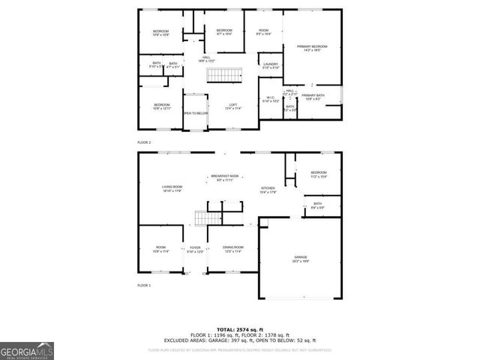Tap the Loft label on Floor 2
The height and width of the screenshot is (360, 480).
click(x=233, y=106)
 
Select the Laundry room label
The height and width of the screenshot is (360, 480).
click(x=271, y=66)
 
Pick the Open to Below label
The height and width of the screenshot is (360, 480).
click(x=195, y=113)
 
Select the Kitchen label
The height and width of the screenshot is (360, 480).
click(x=268, y=190)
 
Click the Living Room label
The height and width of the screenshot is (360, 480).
click(x=173, y=188)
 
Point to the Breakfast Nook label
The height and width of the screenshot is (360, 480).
click(x=225, y=178)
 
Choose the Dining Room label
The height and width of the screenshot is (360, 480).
click(x=233, y=249)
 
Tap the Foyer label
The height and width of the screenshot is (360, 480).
click(x=195, y=249)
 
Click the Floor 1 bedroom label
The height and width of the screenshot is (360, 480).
click(x=319, y=174)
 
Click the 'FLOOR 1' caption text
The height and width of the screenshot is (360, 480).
click(x=144, y=286)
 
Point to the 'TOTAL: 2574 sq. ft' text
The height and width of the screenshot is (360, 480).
click(x=240, y=329)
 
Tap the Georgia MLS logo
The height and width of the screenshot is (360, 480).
click(x=27, y=350)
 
